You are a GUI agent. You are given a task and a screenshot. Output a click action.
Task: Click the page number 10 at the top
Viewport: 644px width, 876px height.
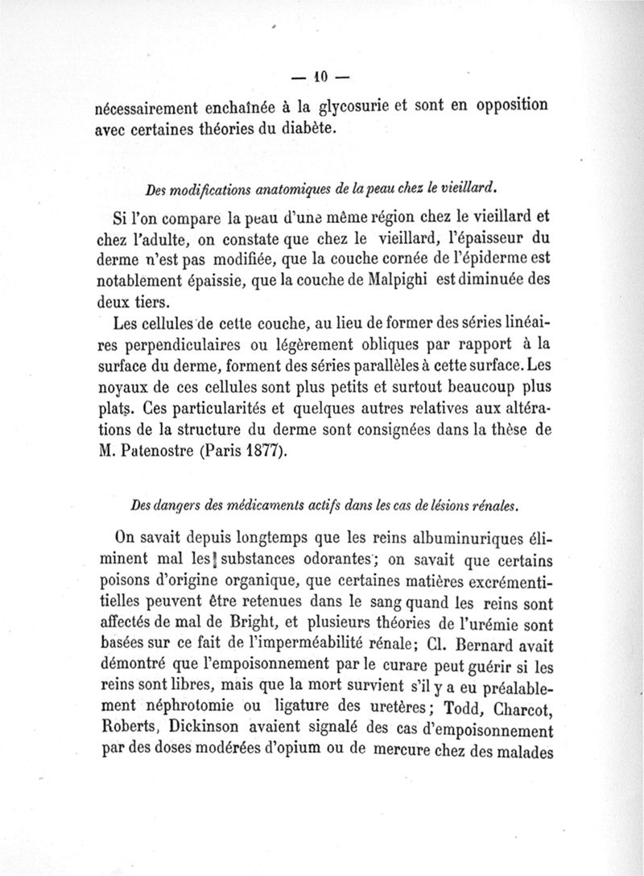coord(321,78)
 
